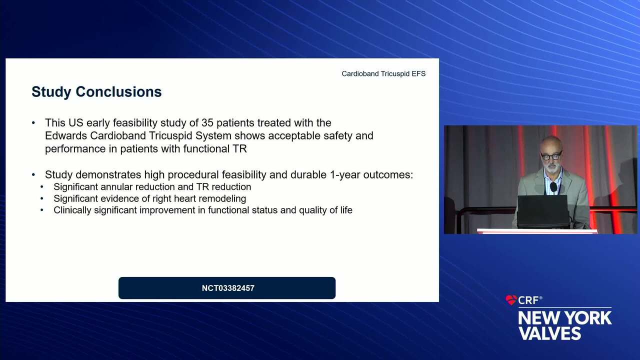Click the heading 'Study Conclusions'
tap(96, 92)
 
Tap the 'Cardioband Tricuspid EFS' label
tap(383, 73)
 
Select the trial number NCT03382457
tap(228, 288)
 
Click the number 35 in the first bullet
tap(207, 123)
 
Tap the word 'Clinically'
tap(72, 210)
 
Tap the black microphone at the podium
tap(553, 187)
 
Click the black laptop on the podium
tap(542, 211)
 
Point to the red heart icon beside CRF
tap(511, 300)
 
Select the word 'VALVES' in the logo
tap(549, 333)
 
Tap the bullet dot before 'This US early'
tap(33, 123)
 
